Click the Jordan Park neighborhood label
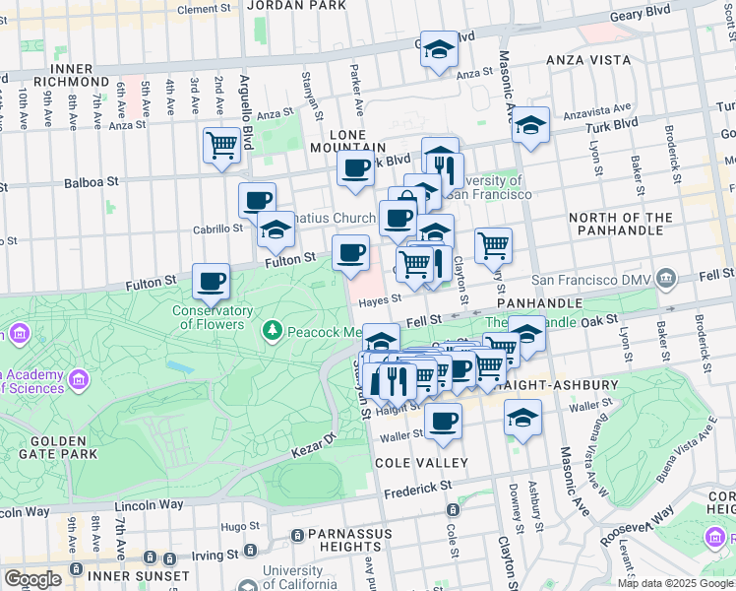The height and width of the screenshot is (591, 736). click(282, 5)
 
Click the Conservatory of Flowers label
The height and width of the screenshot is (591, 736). click(208, 317)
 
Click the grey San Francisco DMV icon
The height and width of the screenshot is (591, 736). click(668, 280)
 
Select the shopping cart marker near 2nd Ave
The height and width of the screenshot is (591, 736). click(222, 145)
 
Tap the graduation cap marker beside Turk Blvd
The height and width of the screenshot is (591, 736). click(530, 125)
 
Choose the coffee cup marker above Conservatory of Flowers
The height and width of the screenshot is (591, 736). click(211, 281)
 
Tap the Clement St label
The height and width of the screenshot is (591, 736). click(204, 9)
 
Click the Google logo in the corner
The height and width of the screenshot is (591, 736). click(32, 578)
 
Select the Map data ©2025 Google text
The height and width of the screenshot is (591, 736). click(675, 583)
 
